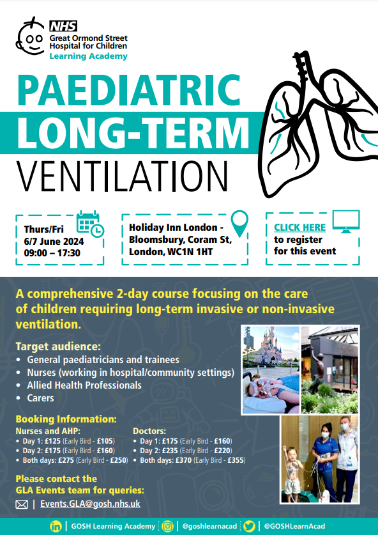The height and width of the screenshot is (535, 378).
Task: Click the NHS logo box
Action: [63, 26]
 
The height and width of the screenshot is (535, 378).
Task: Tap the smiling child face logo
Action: [31, 36]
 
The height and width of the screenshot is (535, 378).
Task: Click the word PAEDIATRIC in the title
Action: [129, 90]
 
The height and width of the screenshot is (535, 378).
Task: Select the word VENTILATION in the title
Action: [122, 177]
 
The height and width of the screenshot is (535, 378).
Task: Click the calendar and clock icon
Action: [90, 224]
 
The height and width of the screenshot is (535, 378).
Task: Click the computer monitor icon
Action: [346, 221]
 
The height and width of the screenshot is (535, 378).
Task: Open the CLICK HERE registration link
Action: [300, 228]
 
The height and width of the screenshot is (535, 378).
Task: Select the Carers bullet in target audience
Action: [40, 398]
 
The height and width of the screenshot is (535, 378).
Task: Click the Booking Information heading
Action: [66, 419]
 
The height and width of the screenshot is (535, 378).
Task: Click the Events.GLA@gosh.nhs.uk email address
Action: [90, 504]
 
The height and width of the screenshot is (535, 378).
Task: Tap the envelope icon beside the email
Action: [22, 504]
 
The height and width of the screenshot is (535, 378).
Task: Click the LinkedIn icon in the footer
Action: [55, 526]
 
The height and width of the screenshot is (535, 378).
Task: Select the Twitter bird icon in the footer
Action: [250, 526]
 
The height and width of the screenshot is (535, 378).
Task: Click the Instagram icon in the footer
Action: [167, 526]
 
